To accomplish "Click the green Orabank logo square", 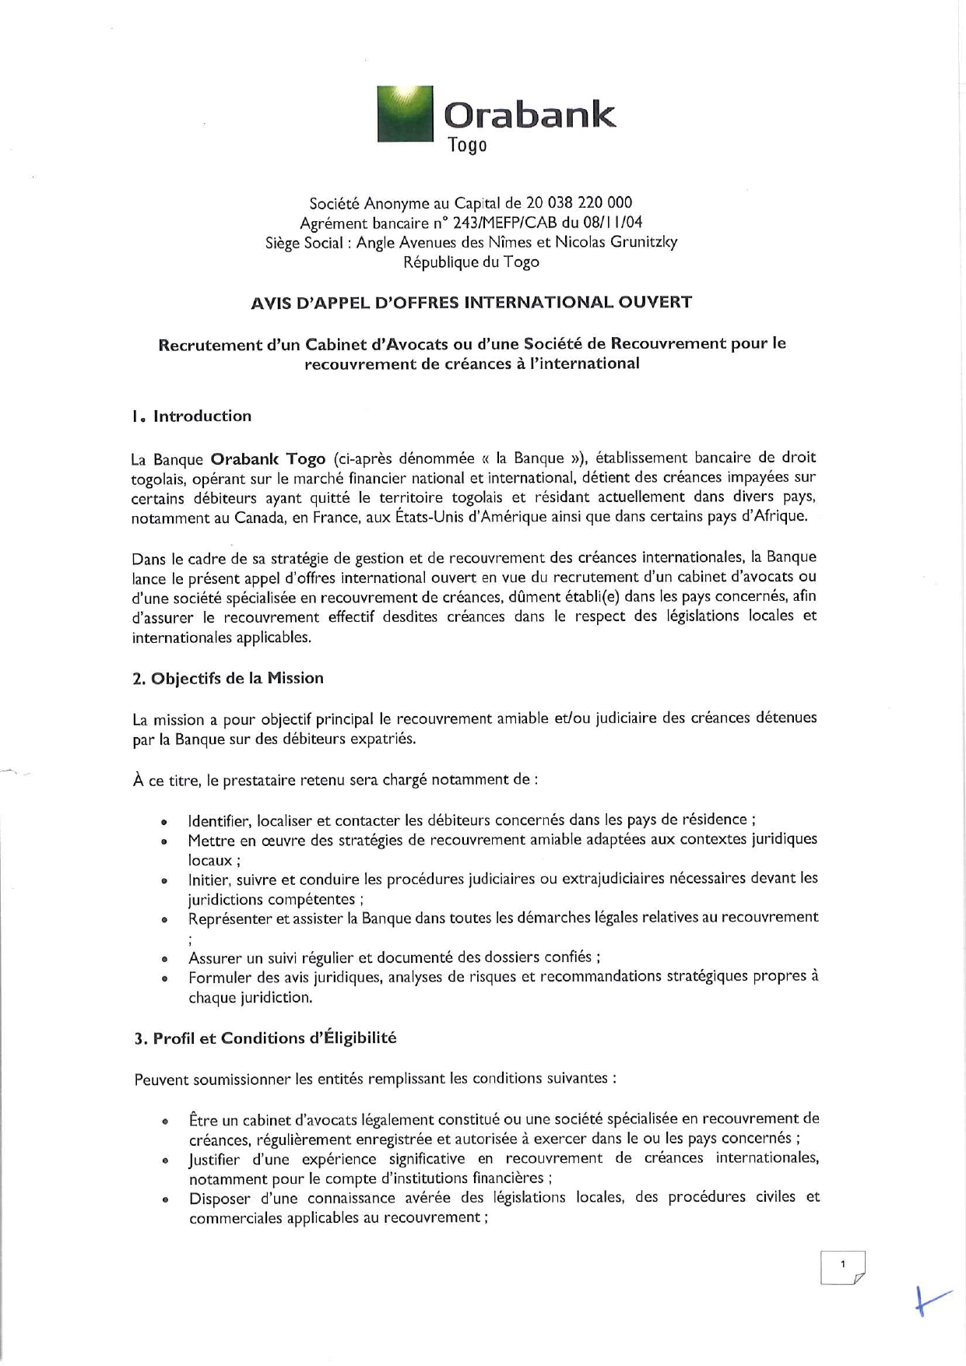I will pyautogui.click(x=405, y=114).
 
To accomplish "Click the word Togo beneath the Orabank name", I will pyautogui.click(x=468, y=146).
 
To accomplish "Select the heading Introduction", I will pyautogui.click(x=202, y=416).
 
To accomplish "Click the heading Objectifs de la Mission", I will pyautogui.click(x=237, y=678).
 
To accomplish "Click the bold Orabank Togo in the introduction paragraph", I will pyautogui.click(x=268, y=458).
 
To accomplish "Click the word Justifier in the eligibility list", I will pyautogui.click(x=215, y=1158).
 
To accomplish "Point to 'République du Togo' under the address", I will pyautogui.click(x=471, y=262).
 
